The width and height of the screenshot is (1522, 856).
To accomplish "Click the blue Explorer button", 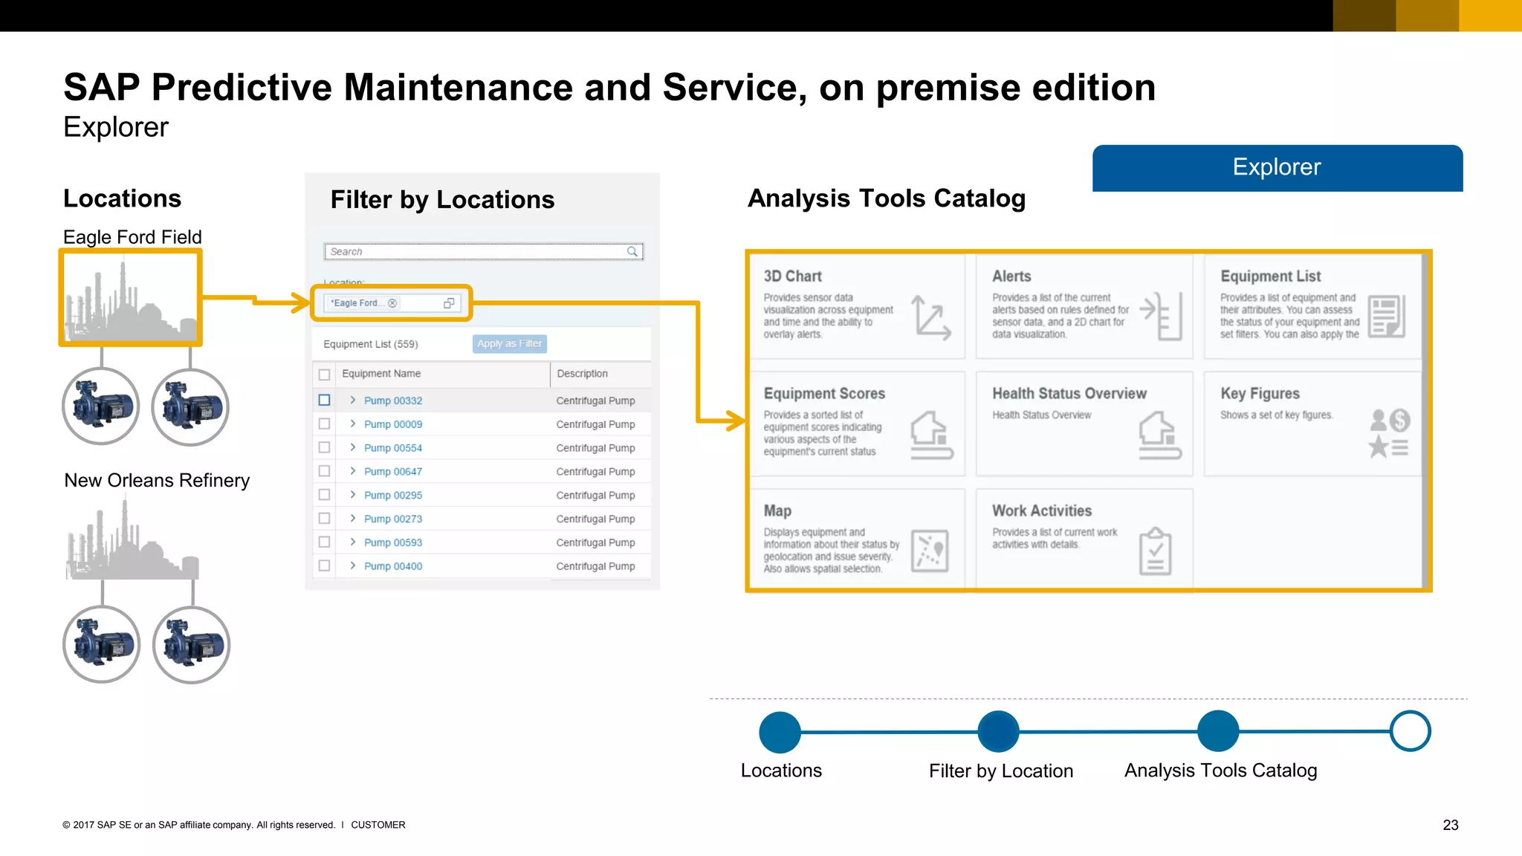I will pyautogui.click(x=1277, y=168).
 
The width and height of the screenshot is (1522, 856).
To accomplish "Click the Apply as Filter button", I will pyautogui.click(x=509, y=343).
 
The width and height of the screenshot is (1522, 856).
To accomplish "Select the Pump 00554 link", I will pyautogui.click(x=392, y=448).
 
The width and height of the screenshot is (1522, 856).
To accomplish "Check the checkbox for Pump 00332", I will pyautogui.click(x=324, y=401).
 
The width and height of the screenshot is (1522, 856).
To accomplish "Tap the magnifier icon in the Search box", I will pyautogui.click(x=632, y=252).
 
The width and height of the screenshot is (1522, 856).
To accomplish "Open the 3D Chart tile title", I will pyautogui.click(x=792, y=276).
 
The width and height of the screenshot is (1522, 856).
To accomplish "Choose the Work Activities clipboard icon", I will pyautogui.click(x=1155, y=551).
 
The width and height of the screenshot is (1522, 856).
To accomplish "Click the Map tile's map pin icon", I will pyautogui.click(x=930, y=551).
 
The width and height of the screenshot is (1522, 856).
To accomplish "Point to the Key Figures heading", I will pyautogui.click(x=1260, y=394).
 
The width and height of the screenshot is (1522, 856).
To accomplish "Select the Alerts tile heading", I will pyautogui.click(x=1011, y=276).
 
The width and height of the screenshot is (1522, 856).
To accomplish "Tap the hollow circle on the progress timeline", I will pyautogui.click(x=1410, y=731).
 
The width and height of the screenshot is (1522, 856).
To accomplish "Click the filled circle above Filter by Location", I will pyautogui.click(x=998, y=731).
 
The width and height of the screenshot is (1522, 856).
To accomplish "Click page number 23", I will pyautogui.click(x=1450, y=825).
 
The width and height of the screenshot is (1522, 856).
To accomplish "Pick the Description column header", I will pyautogui.click(x=582, y=374).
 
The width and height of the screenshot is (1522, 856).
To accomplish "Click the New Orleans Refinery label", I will pyautogui.click(x=157, y=481).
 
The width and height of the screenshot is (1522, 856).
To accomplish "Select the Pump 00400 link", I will pyautogui.click(x=392, y=566).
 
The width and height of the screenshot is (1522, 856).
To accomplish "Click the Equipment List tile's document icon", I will pyautogui.click(x=1386, y=317).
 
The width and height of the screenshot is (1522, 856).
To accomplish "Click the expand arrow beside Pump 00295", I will pyautogui.click(x=353, y=495).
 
